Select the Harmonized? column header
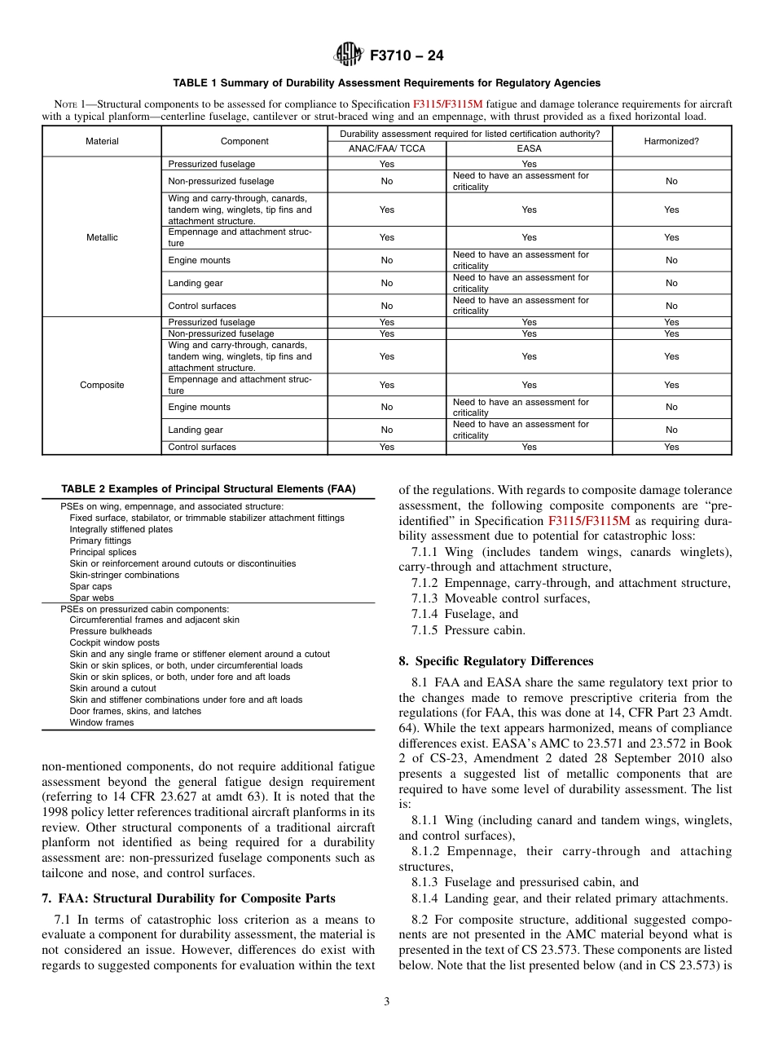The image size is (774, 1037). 671,141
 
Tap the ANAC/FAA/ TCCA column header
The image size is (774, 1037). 386,148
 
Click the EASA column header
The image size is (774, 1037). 529,148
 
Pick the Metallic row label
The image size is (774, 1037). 102,237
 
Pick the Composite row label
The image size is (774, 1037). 102,385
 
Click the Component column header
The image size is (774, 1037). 244,141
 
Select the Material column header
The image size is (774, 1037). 102,141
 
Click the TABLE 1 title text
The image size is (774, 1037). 386,83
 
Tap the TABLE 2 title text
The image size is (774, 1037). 209,489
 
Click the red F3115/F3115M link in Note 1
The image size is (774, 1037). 447,104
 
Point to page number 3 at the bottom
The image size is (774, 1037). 387,1002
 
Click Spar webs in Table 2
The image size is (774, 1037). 91,598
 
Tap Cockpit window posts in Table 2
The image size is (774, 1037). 114,642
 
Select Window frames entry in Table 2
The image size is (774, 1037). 102,722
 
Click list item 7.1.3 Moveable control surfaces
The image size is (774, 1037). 500,598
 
